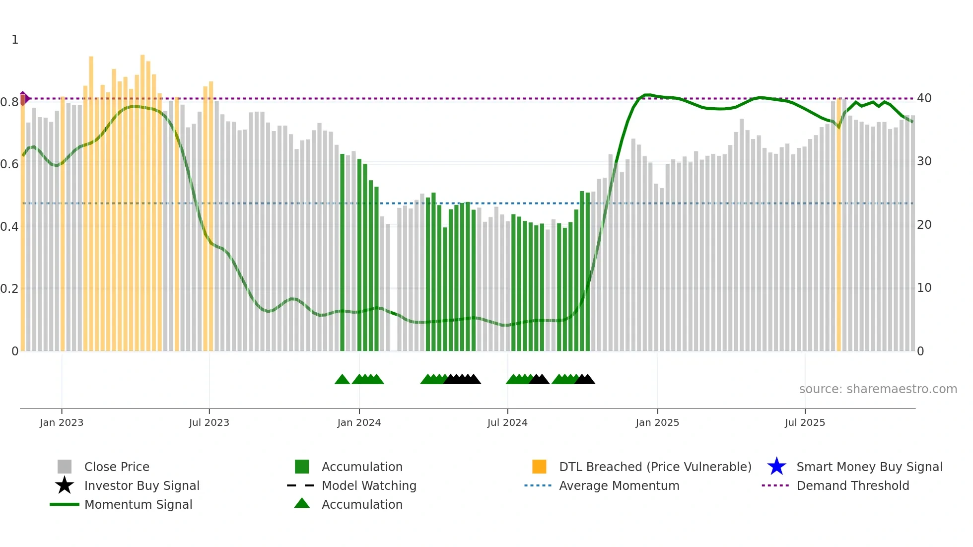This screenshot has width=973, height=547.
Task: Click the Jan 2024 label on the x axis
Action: pos(359,422)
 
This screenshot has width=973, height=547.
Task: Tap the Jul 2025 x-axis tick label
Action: pos(805,422)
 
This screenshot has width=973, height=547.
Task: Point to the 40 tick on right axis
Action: pos(924,98)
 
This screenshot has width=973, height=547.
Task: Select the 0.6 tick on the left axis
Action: pos(9,164)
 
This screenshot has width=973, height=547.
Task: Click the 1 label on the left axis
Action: pos(15,40)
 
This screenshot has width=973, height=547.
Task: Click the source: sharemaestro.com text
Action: pos(878,389)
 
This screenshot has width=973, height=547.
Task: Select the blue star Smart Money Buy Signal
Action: pos(776,467)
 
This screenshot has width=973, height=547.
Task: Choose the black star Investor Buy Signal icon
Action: pos(65,485)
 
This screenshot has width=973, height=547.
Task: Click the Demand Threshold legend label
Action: pos(852,485)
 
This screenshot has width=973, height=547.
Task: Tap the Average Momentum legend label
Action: pos(619,485)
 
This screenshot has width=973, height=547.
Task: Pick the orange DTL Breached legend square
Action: pos(539,467)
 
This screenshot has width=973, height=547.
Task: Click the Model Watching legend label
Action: pos(369,485)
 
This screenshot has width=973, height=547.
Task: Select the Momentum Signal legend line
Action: pos(65,504)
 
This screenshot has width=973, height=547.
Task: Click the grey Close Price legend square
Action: pos(65,467)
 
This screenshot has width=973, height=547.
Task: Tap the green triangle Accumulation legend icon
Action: pos(302,503)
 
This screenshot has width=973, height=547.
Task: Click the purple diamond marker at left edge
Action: pos(23,98)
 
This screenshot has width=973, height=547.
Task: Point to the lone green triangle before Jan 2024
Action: pos(342,380)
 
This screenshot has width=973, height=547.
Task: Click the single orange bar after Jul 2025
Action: pos(839,223)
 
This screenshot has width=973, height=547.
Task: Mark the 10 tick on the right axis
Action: pos(924,288)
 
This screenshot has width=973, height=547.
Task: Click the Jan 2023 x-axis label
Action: pos(62,422)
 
